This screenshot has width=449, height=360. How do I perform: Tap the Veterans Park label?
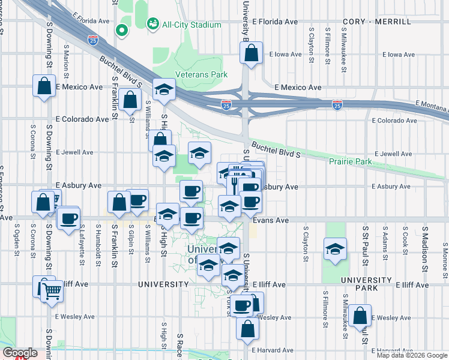[x=201, y=75]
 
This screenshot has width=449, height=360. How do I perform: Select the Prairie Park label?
[x=350, y=162]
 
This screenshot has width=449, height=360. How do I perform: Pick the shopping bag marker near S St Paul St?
[x=360, y=316]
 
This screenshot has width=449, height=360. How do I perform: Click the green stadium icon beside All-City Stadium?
[x=152, y=24]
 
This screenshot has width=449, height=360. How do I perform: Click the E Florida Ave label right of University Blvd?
[x=275, y=22]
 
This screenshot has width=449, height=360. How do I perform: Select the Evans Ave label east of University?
[x=271, y=221]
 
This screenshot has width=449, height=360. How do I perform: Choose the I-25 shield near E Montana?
[x=337, y=105]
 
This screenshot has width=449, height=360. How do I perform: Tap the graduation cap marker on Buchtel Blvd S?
[x=163, y=89]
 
